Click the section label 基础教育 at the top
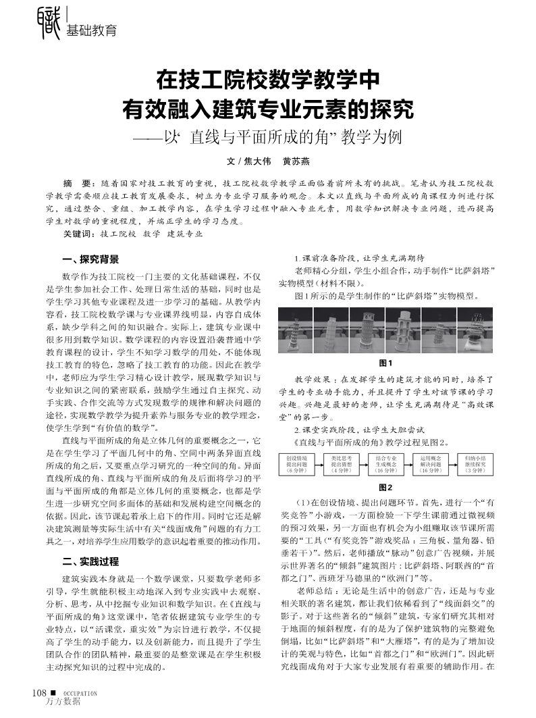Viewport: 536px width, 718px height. (x=91, y=30)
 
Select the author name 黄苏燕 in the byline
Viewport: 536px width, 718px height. (x=296, y=162)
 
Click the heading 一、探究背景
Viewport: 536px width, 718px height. (x=90, y=259)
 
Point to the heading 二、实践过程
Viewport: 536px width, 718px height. (x=90, y=561)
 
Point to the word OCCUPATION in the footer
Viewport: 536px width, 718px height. (x=81, y=693)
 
